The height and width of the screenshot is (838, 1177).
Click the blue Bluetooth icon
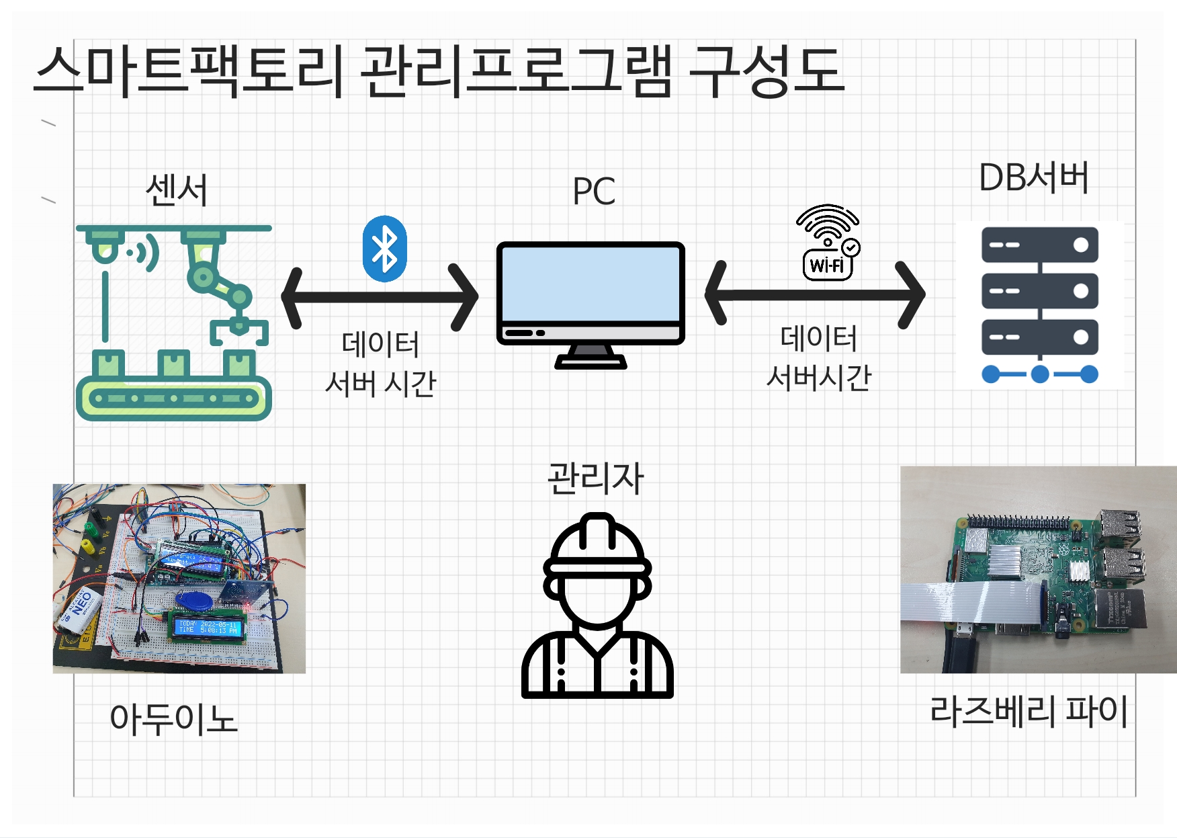click(x=384, y=249)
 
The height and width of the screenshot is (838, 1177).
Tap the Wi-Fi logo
click(x=828, y=242)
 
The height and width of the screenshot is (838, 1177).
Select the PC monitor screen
click(x=591, y=284)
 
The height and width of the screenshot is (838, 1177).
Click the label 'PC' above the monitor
click(x=594, y=192)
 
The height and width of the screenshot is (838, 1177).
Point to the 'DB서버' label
click(x=1033, y=178)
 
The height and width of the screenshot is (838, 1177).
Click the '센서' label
click(x=177, y=190)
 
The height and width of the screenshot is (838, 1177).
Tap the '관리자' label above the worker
click(x=595, y=478)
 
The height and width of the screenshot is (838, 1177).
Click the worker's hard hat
click(x=597, y=544)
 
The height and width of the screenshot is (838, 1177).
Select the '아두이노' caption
click(x=174, y=718)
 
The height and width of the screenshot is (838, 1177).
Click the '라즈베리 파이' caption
click(x=1029, y=711)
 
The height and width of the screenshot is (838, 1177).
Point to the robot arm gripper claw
click(x=238, y=329)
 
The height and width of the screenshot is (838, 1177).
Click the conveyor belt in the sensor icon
click(x=174, y=398)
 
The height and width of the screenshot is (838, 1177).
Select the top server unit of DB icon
click(x=1039, y=245)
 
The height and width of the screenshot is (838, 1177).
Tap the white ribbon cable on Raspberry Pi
click(x=967, y=601)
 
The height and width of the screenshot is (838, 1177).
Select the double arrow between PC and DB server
click(x=815, y=294)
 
